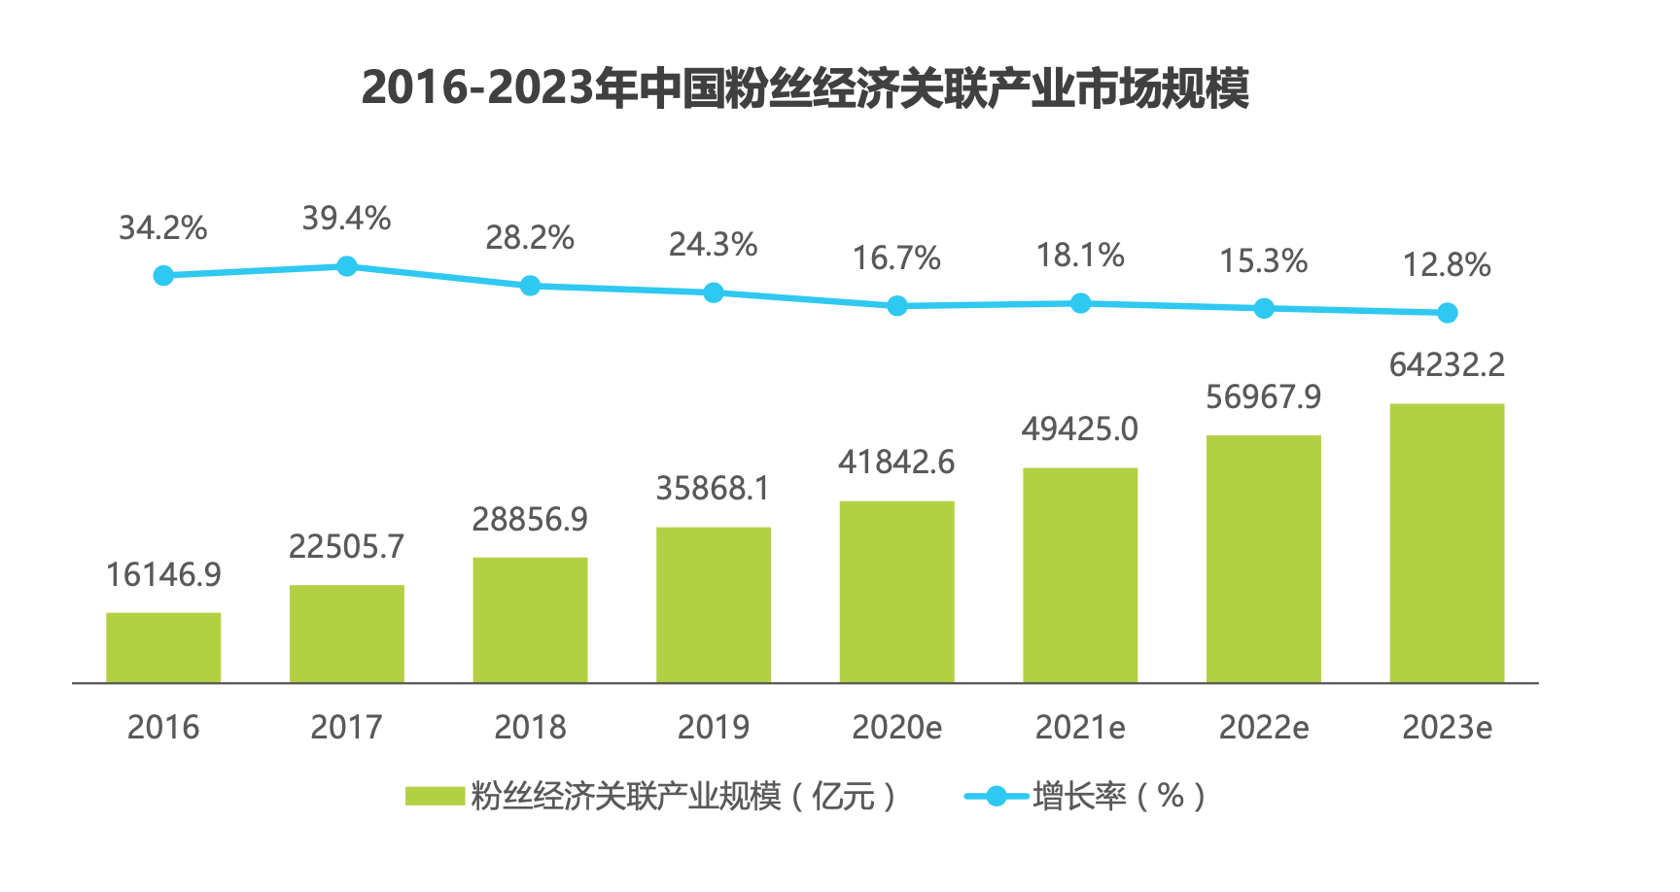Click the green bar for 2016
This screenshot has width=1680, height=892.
coord(163,647)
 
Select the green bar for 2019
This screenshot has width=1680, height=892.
coord(714,604)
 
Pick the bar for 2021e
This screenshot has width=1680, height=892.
coord(1080,575)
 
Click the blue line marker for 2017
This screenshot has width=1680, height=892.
coord(347,266)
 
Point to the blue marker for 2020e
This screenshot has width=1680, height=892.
coord(897,306)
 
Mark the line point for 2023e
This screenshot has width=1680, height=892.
coord(1447,313)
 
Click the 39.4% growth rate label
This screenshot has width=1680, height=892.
coord(346,219)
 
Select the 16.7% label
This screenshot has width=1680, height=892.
coord(896,258)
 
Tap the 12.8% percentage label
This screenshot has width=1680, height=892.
coord(1447,265)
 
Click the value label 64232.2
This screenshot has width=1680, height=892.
coord(1447,365)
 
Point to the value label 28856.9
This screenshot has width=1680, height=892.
coord(530,520)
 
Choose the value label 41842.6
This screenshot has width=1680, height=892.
coord(896,463)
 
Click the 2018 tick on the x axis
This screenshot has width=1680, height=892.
coord(530,727)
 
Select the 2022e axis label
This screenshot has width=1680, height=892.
coord(1264,727)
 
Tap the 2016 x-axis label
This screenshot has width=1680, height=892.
coord(163,727)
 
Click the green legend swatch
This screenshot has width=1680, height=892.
coord(435,797)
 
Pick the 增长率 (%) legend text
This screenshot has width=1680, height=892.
coord(1118,797)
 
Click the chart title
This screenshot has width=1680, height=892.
coord(805,88)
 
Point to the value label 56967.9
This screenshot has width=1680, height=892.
coord(1264,397)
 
